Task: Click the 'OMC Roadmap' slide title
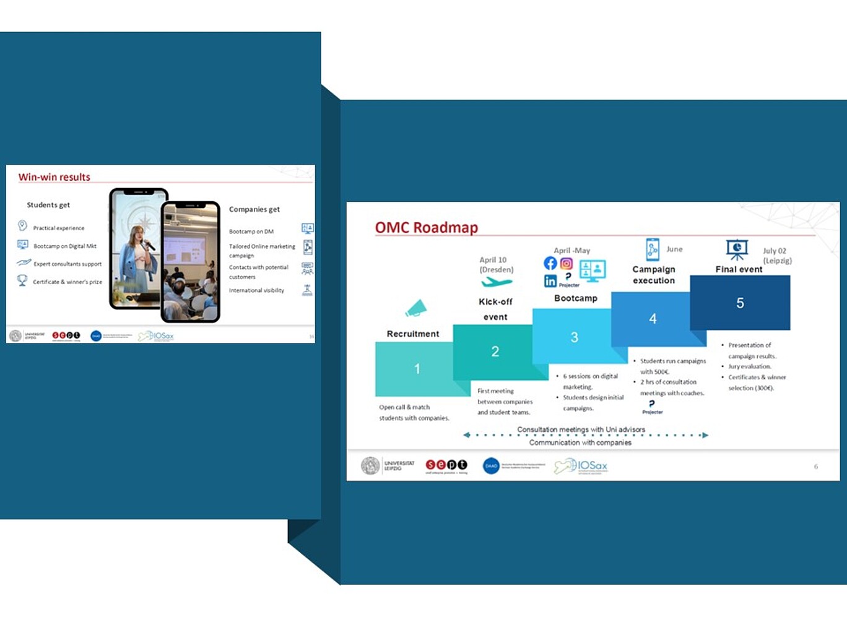[427, 228]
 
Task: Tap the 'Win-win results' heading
[54, 177]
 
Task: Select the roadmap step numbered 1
[417, 369]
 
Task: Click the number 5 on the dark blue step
[740, 303]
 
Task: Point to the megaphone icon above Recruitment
[416, 308]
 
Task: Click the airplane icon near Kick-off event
[497, 283]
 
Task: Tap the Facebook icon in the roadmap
[550, 263]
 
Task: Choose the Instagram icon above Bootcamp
[567, 264]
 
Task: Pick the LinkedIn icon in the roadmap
[550, 281]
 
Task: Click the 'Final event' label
[739, 269]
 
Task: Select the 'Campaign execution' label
[654, 275]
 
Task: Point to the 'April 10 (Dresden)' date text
[496, 265]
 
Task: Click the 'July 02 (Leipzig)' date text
[777, 256]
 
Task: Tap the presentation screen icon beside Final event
[737, 249]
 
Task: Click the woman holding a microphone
[137, 254]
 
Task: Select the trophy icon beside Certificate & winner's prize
[22, 280]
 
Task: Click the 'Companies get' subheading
[254, 209]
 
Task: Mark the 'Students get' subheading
[48, 205]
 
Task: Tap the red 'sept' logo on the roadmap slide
[446, 465]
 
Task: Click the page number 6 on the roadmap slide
[816, 467]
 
